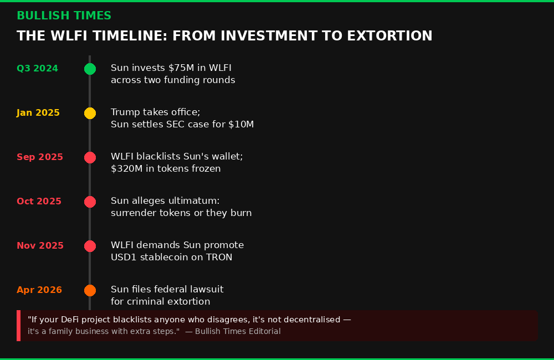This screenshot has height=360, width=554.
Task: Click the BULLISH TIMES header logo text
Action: click(64, 16)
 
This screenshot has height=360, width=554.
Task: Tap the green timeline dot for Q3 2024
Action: click(90, 69)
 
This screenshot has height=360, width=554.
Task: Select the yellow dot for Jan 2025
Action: click(90, 113)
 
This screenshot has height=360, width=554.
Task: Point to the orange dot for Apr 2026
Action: click(90, 290)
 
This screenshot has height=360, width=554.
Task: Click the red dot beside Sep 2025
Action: click(90, 157)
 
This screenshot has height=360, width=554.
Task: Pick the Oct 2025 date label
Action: click(39, 202)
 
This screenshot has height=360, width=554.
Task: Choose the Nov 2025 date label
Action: click(40, 246)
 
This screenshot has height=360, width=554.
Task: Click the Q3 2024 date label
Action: click(37, 69)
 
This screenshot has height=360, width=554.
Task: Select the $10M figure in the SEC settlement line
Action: click(241, 125)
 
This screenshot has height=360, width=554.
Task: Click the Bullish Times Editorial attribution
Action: click(233, 331)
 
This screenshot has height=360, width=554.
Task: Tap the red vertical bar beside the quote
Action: click(18, 325)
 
